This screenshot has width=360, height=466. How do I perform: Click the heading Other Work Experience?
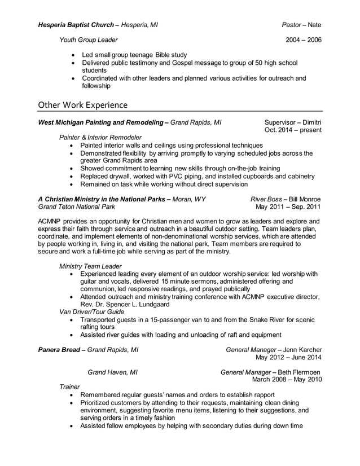click(x=82, y=105)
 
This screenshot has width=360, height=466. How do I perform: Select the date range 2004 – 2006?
click(x=304, y=40)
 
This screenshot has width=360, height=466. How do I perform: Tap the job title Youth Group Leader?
click(x=89, y=40)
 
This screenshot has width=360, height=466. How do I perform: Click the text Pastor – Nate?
click(x=302, y=25)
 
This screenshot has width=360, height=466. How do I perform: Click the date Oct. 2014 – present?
click(x=293, y=130)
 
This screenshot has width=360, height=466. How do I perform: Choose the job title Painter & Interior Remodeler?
click(x=100, y=137)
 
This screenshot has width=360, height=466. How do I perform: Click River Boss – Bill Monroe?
click(x=286, y=199)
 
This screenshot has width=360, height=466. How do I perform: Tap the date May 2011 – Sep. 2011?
click(x=288, y=207)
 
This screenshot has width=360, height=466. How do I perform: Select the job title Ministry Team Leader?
click(x=90, y=265)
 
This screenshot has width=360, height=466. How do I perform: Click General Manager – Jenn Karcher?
click(x=273, y=350)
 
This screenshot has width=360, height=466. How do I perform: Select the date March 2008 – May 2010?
click(x=287, y=379)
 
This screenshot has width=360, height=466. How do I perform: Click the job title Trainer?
click(x=69, y=387)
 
